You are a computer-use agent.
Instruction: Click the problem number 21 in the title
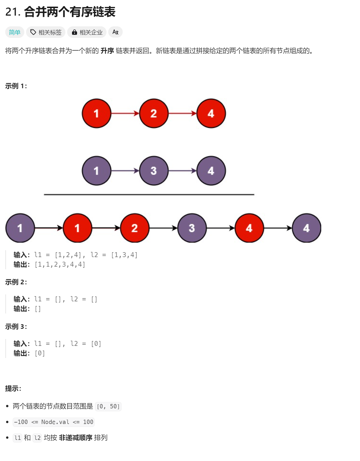click(12, 12)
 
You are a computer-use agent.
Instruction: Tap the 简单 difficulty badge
click(14, 32)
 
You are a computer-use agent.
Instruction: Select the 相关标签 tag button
click(46, 32)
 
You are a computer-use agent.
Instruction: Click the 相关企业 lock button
click(87, 32)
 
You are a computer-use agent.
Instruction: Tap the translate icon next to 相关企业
click(115, 32)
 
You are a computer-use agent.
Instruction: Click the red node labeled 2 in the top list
click(154, 113)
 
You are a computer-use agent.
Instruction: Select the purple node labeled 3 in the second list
click(154, 171)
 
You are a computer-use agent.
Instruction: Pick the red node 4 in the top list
click(211, 113)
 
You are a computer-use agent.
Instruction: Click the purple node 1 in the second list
click(96, 171)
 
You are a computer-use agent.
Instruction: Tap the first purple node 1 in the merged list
click(20, 228)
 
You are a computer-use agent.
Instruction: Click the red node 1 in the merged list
click(77, 228)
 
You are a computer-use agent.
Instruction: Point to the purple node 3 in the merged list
click(192, 228)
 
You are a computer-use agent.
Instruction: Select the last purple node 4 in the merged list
click(306, 228)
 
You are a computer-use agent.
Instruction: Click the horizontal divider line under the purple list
click(149, 195)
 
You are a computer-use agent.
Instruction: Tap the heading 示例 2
click(16, 282)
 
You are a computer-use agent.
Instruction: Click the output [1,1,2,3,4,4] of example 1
click(60, 264)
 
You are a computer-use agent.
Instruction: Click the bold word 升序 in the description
click(107, 51)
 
